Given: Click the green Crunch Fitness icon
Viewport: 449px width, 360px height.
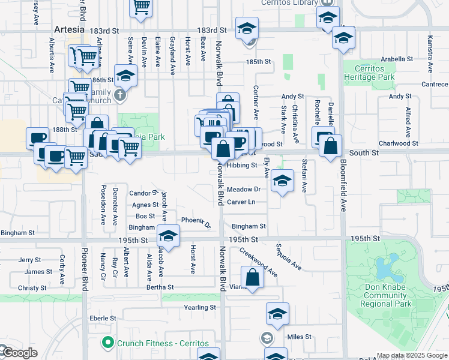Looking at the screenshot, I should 108,343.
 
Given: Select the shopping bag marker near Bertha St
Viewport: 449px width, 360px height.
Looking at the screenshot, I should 253,277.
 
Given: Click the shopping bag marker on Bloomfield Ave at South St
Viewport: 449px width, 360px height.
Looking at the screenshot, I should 330,146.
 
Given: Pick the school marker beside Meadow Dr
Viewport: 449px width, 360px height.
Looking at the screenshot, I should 282,181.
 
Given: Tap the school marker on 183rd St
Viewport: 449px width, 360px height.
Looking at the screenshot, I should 247,29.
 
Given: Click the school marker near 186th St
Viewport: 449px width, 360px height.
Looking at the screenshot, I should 125,76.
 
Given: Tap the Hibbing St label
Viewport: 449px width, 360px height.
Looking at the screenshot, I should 243,166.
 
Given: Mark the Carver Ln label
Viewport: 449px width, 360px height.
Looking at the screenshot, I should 241,202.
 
